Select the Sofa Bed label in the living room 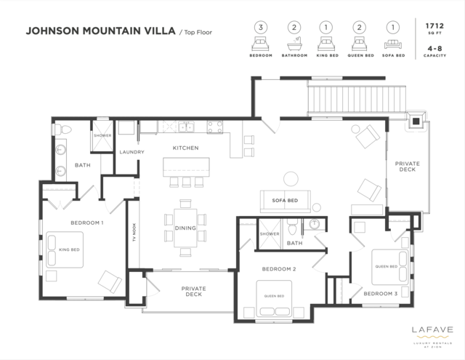point(285,200)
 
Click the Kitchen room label point(185,148)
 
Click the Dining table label point(185,228)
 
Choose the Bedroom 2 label point(278,268)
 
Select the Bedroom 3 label point(380,293)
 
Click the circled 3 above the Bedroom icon point(260,28)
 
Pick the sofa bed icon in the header point(393,44)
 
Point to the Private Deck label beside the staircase point(407,167)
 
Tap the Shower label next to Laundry point(101,135)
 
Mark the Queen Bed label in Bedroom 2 point(273,296)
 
